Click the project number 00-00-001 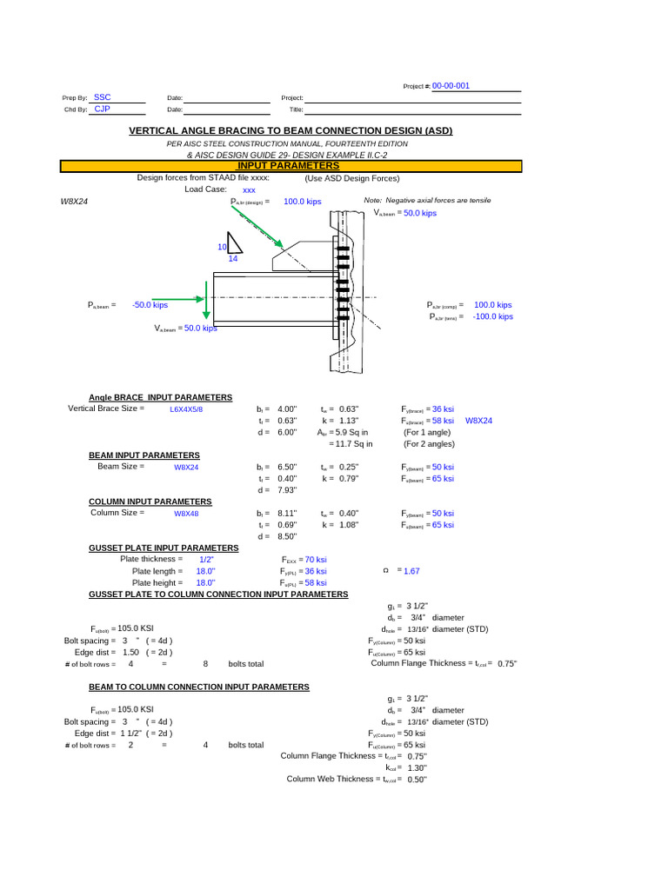click(x=451, y=86)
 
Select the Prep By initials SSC click(x=102, y=97)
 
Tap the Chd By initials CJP click(x=102, y=110)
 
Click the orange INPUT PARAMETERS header click(x=288, y=165)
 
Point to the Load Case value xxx click(x=249, y=189)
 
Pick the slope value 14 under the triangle click(x=232, y=258)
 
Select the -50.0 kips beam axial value click(x=150, y=305)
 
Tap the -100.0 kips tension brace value click(x=492, y=316)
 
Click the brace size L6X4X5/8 click(x=186, y=408)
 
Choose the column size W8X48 click(x=187, y=514)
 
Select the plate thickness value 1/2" click(x=206, y=560)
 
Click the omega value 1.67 click(x=411, y=571)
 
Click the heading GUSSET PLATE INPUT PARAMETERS click(x=164, y=548)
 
